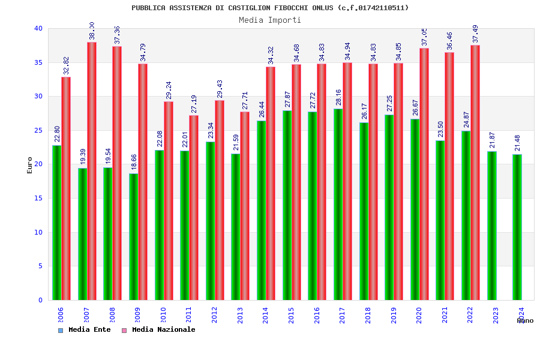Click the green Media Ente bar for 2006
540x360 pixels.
tap(56, 223)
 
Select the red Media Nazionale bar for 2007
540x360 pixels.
tap(92, 171)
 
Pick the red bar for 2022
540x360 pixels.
tap(475, 173)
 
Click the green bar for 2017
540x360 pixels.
tap(338, 204)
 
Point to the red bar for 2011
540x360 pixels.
tap(194, 208)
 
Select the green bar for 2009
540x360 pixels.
tap(133, 236)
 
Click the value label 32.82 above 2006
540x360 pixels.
tap(67, 65)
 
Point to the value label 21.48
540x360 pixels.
tap(518, 143)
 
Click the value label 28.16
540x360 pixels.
tap(338, 97)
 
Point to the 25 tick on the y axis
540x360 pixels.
tap(38, 130)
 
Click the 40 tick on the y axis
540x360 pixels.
tap(38, 28)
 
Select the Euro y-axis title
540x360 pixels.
tap(30, 165)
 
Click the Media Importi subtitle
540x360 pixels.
tap(270, 20)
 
